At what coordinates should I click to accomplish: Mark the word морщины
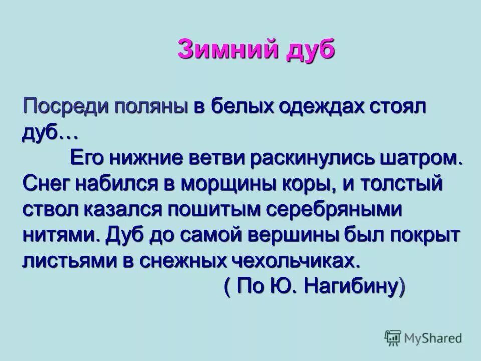pyautogui.click(x=226, y=184)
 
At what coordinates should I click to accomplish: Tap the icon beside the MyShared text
pyautogui.click(x=393, y=338)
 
